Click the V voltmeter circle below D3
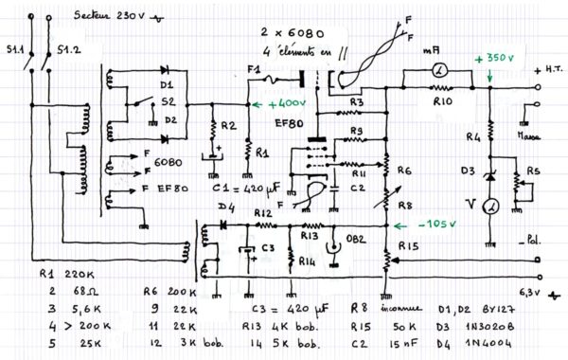(490, 206)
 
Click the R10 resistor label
(442, 100)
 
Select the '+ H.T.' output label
(548, 71)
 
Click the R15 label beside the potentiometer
(409, 246)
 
